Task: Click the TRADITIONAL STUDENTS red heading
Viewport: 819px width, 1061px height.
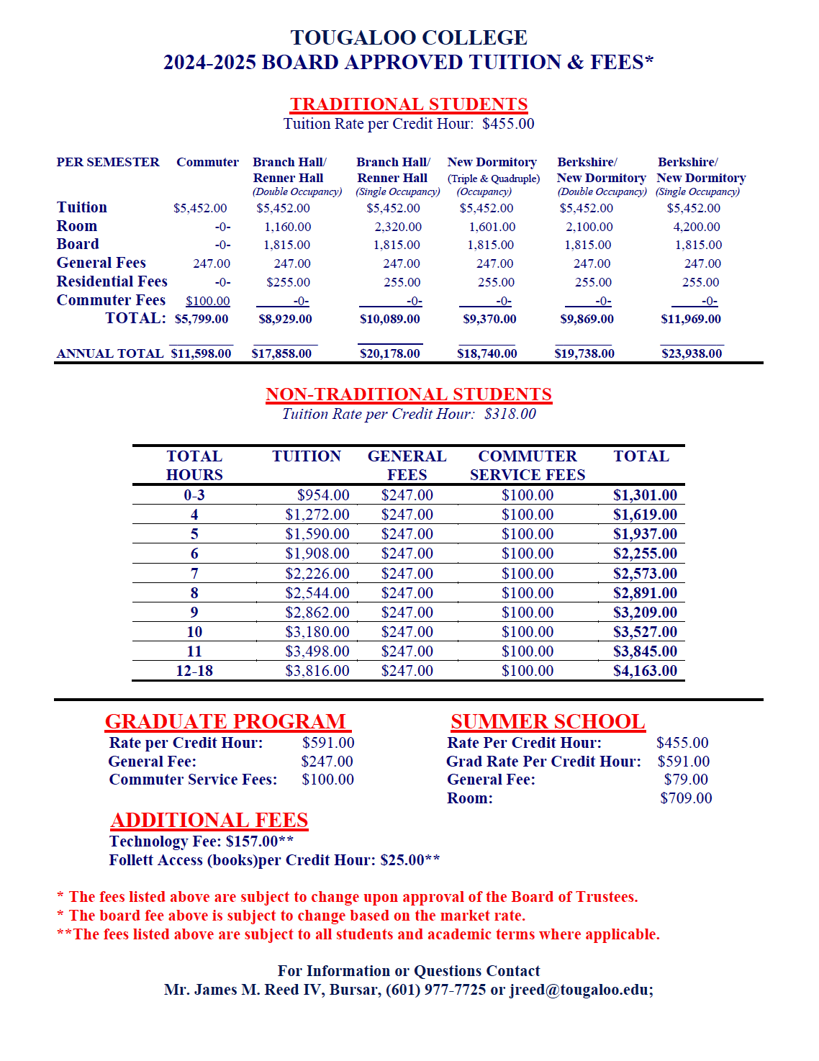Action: pyautogui.click(x=409, y=104)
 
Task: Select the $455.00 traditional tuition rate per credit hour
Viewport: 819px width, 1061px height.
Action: pyautogui.click(x=508, y=124)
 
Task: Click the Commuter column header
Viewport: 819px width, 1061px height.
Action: pyautogui.click(x=207, y=163)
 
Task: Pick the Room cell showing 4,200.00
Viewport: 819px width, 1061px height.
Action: pyautogui.click(x=696, y=227)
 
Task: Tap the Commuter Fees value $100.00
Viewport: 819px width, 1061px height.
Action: pyautogui.click(x=207, y=301)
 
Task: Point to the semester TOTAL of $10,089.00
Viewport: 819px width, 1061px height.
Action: pyautogui.click(x=389, y=319)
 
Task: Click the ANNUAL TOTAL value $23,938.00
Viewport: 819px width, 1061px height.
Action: pyautogui.click(x=691, y=353)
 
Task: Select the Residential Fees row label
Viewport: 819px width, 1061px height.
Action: pyautogui.click(x=112, y=281)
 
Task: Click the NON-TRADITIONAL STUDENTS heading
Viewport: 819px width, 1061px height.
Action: pyautogui.click(x=408, y=394)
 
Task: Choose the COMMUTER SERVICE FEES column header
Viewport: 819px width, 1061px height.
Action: pyautogui.click(x=527, y=466)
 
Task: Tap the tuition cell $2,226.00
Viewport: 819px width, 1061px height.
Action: pyautogui.click(x=317, y=574)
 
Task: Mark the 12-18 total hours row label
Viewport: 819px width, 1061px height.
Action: pyautogui.click(x=194, y=671)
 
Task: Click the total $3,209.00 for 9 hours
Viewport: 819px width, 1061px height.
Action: pyautogui.click(x=645, y=613)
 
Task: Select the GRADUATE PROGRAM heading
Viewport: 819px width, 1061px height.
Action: pyautogui.click(x=226, y=721)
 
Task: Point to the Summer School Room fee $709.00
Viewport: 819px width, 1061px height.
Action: pyautogui.click(x=686, y=798)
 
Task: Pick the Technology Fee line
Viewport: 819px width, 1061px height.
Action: pyautogui.click(x=201, y=841)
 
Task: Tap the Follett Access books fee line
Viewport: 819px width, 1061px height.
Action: pyautogui.click(x=274, y=860)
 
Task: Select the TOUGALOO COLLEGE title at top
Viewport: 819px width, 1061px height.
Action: pyautogui.click(x=409, y=37)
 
